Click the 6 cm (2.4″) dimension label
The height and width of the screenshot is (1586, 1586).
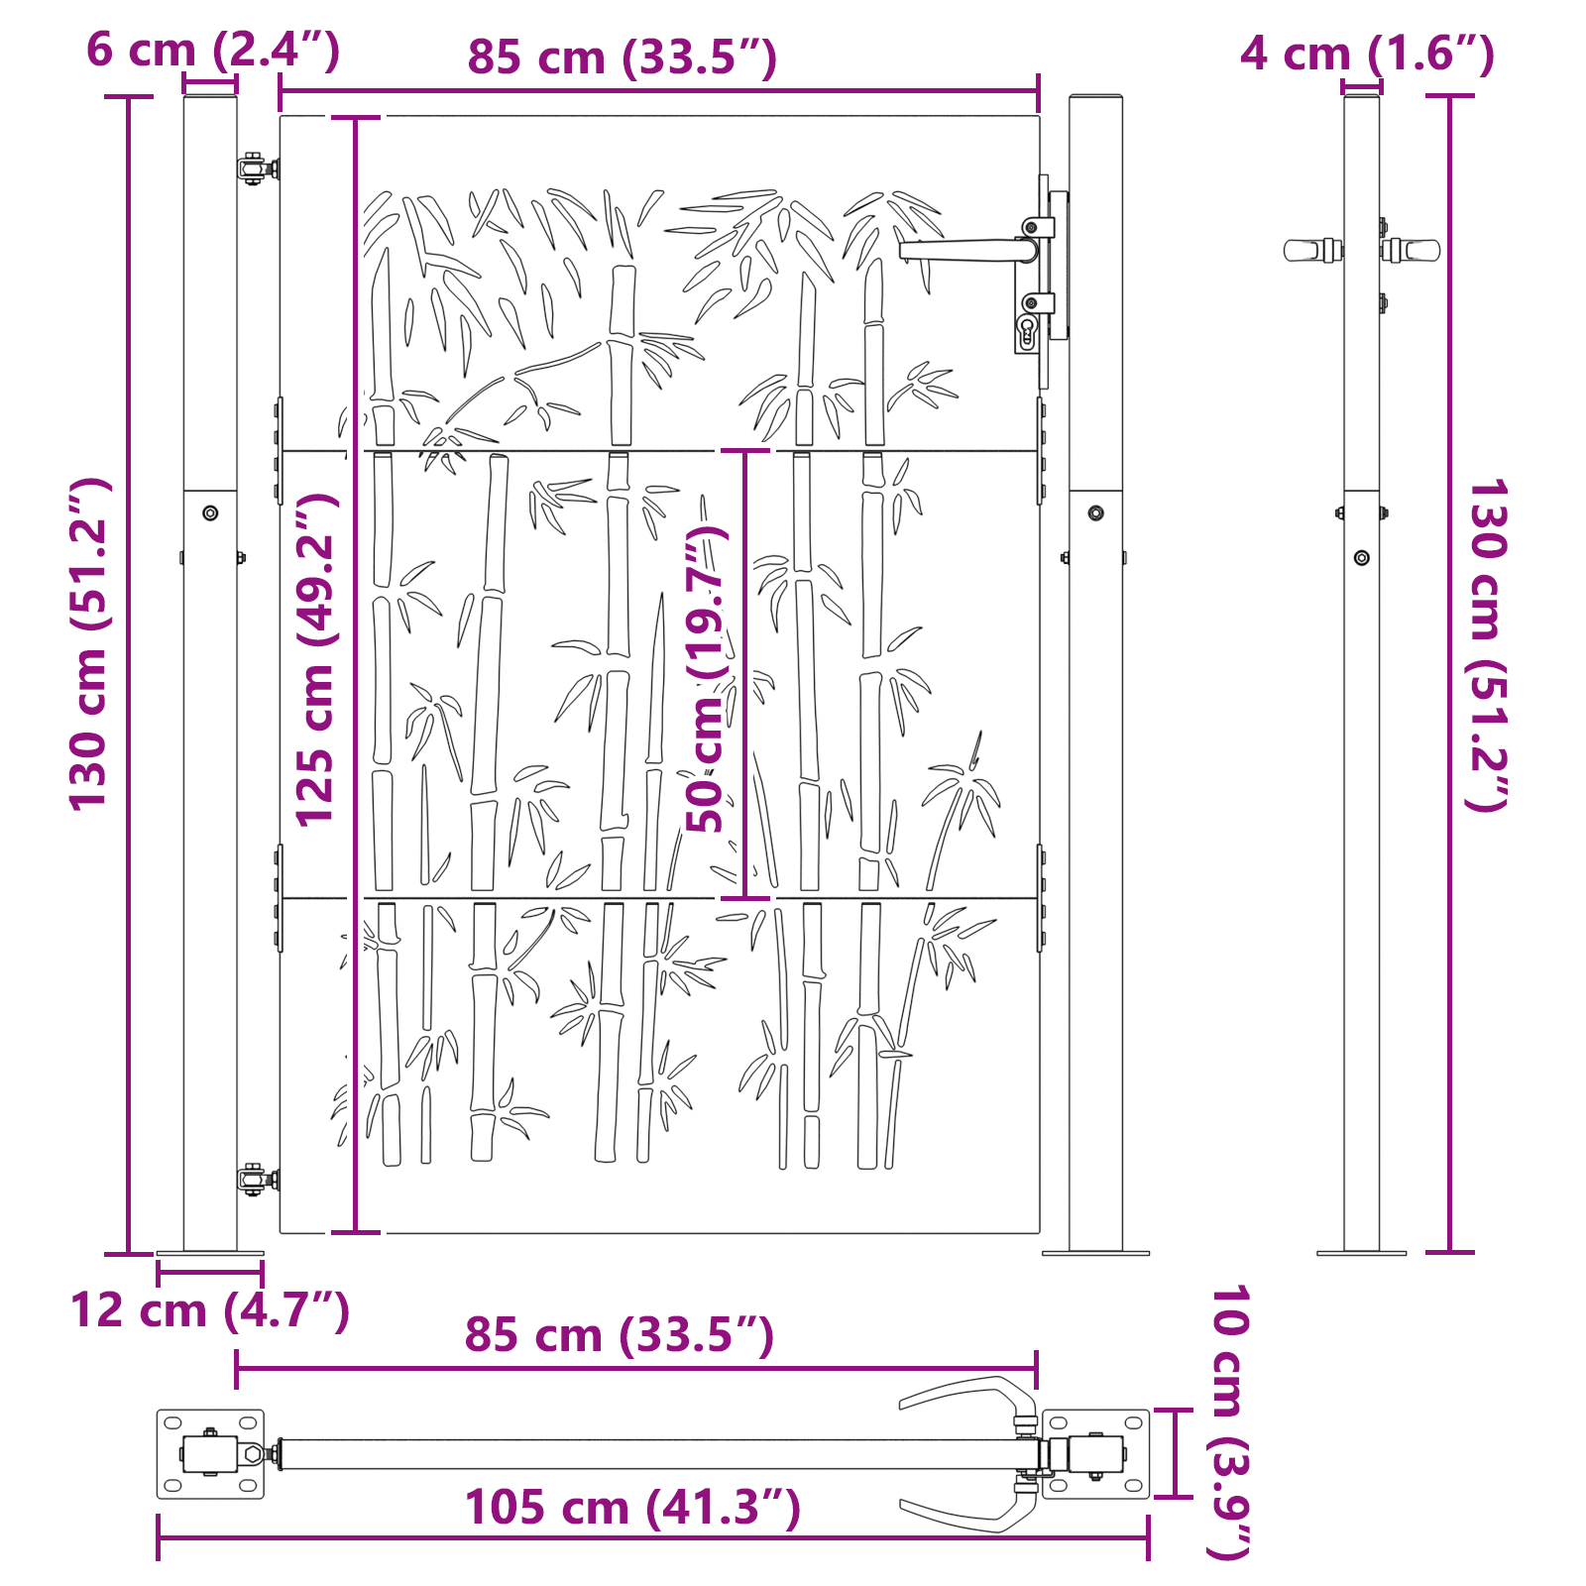(213, 50)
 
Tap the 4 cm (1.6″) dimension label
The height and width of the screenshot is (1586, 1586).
(1367, 54)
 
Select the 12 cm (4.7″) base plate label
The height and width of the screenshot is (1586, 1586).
(210, 1310)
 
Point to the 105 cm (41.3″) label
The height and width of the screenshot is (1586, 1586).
(632, 1508)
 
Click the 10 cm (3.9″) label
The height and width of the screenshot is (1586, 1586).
(1230, 1422)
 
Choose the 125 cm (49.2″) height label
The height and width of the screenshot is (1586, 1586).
(316, 660)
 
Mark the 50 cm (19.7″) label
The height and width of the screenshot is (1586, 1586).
(707, 679)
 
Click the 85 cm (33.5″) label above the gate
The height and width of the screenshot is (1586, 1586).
(623, 57)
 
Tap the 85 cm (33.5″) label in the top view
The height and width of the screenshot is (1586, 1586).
(620, 1334)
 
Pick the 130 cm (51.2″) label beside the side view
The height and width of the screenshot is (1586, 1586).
(1487, 644)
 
